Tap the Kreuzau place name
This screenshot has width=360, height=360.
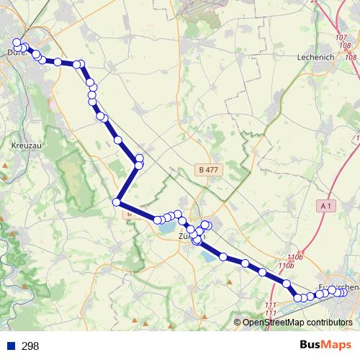tap(26, 145)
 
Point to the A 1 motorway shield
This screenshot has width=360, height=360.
tap(326, 206)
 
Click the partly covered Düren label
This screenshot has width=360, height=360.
tap(14, 53)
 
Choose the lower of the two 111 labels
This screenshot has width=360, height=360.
tap(271, 312)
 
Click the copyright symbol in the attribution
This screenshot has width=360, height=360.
tap(238, 323)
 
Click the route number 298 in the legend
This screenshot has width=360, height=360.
tap(30, 346)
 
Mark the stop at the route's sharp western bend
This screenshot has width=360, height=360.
tap(115, 202)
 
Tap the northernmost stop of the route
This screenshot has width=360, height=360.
tap(17, 42)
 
